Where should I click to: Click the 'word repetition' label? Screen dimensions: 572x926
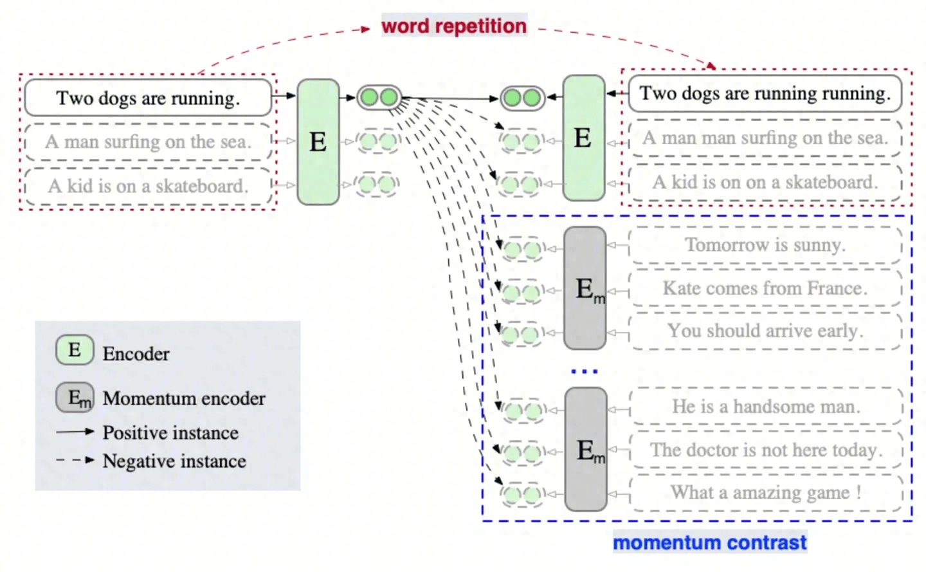pos(454,26)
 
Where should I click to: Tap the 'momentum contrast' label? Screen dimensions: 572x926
pos(709,542)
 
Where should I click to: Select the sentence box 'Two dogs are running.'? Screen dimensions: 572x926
pos(148,98)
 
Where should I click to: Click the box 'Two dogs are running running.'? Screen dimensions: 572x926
pos(765,93)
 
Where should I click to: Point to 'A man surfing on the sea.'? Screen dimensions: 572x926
pos(148,142)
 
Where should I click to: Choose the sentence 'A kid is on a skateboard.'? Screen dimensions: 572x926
pos(148,186)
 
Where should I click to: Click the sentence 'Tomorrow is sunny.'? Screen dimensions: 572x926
pos(765,245)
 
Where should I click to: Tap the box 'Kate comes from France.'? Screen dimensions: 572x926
pos(765,288)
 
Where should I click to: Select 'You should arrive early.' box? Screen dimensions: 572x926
pos(765,331)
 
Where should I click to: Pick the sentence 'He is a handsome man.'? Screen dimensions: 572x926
pos(765,407)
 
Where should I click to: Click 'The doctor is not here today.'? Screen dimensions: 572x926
pos(765,450)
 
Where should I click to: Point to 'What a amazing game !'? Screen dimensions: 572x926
pos(765,493)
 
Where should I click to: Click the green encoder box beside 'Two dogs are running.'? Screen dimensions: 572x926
pos(318,142)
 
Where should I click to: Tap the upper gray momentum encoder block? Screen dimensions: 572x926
pos(585,288)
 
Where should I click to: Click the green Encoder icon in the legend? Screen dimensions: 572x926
pos(75,350)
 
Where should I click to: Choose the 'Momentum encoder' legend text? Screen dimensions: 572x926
pos(184,398)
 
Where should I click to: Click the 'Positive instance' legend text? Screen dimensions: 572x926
pos(170,432)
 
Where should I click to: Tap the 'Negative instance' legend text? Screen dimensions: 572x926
pos(174,461)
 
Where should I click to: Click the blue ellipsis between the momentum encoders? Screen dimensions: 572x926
pos(585,371)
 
